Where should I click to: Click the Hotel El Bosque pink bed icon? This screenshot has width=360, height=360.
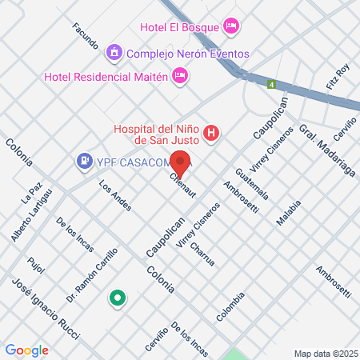(x=231, y=26)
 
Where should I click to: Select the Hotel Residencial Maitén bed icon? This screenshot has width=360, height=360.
(x=182, y=76)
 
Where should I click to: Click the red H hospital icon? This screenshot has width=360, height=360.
(x=211, y=133)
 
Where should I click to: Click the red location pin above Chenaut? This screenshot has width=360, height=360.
(x=181, y=163)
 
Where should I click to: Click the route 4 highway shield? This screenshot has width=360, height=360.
(x=272, y=84)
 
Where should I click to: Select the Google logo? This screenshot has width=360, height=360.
(x=26, y=350)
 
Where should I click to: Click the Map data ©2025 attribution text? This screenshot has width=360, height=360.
(x=325, y=354)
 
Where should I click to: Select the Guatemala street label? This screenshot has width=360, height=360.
(x=253, y=184)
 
